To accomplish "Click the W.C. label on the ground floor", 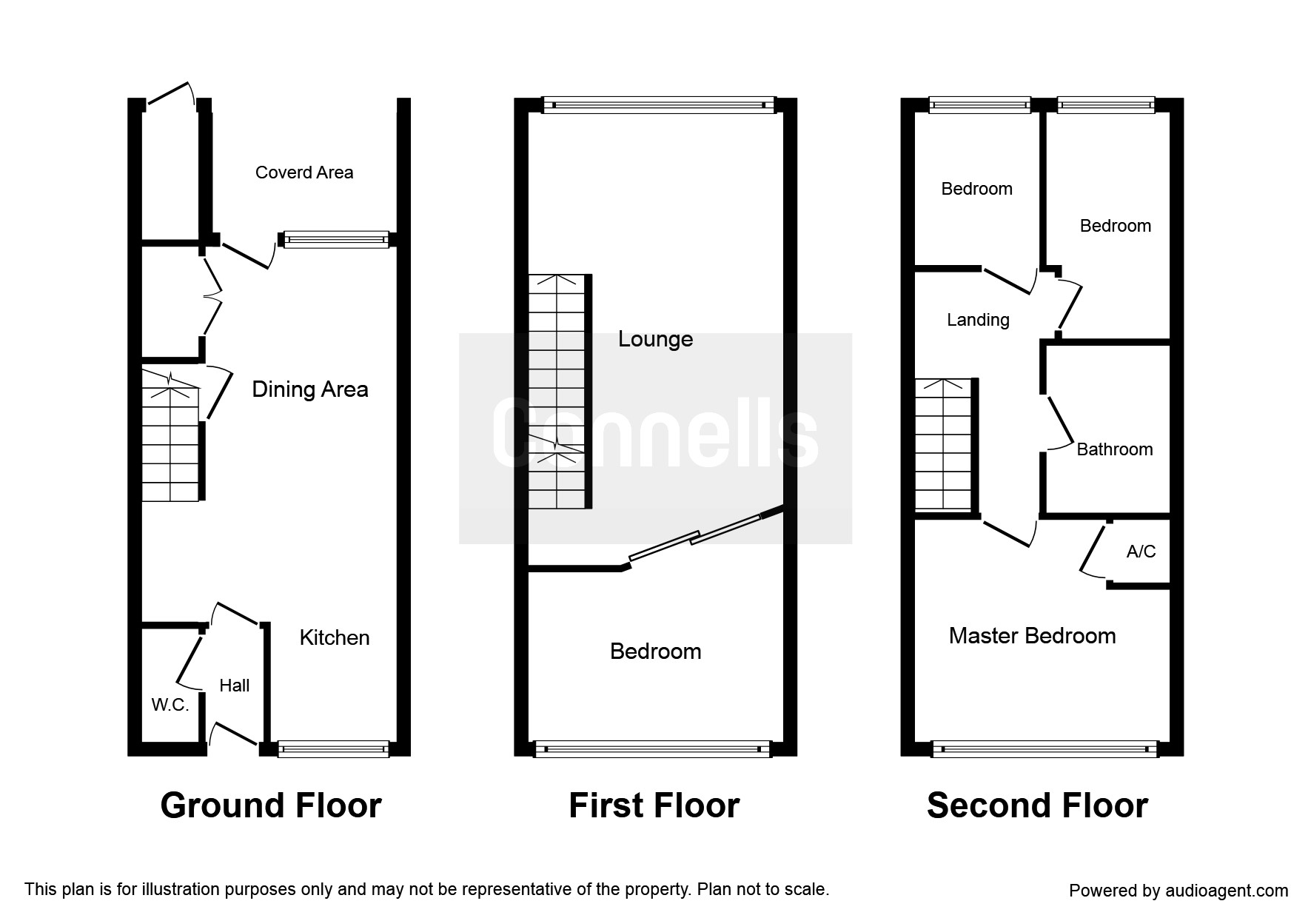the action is point(170,705).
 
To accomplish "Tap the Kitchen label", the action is point(334,637).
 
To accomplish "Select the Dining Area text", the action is point(309,389).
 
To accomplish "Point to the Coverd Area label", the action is point(304,172).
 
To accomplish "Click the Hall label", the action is point(234,686).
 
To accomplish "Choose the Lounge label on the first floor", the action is point(655,339).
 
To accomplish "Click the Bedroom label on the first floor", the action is point(655,651).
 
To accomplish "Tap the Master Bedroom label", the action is point(1032,636).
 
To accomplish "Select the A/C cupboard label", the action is point(1141,552).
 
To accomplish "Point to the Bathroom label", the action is point(1114,449).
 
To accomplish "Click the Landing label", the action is point(978,320).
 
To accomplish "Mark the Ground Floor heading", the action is point(271,805).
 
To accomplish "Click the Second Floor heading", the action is point(1037,805).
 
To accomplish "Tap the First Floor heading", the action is point(654,805).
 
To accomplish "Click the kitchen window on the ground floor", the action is point(333,749).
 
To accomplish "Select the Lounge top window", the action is point(659,105).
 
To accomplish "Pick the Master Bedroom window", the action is point(1045,749).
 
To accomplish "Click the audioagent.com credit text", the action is point(1178,891).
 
